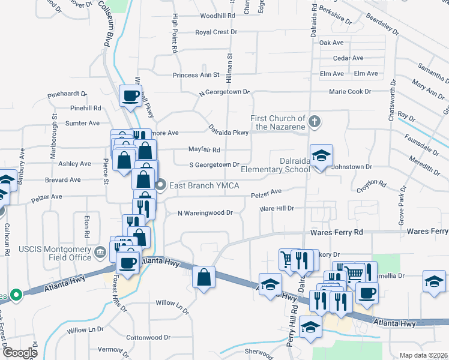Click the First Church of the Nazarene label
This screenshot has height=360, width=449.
click(278, 122)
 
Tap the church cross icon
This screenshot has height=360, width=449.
click(314, 122)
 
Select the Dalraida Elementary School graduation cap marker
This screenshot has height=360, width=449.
click(321, 156)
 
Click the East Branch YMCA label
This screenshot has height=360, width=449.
click(204, 186)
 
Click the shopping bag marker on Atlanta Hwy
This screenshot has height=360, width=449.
click(204, 277)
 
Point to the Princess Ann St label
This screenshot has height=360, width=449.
click(196, 75)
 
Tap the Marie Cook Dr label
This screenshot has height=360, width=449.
click(350, 91)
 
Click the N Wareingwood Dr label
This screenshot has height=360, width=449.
click(205, 212)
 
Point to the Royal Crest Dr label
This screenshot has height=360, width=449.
click(216, 32)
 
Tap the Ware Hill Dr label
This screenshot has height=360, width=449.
click(276, 208)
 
